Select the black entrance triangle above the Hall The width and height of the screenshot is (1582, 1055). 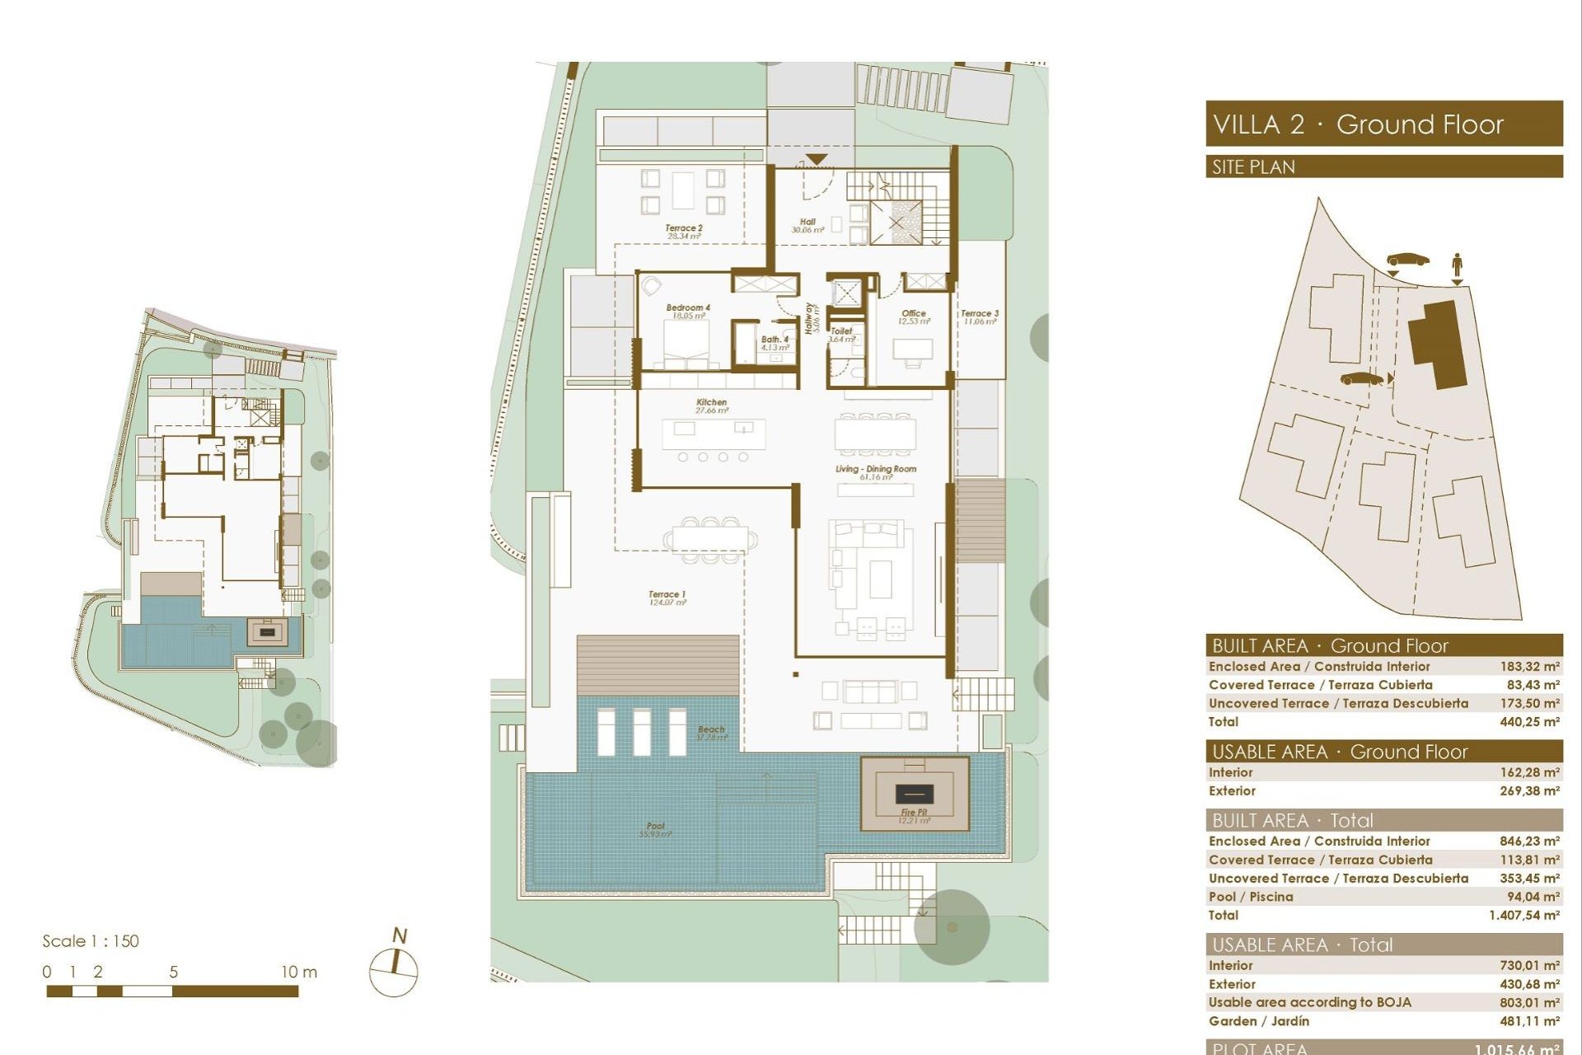coord(816,159)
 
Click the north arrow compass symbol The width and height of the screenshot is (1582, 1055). coord(395,968)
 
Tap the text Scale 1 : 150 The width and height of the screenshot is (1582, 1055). coord(91,941)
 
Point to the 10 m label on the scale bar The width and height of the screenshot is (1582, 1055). coord(298,972)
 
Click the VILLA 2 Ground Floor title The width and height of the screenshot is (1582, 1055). coord(1358,124)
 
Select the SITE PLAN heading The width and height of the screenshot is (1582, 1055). coord(1253,167)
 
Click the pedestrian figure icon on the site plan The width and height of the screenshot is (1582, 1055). coord(1457,265)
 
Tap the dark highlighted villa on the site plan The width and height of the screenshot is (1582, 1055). coord(1439,342)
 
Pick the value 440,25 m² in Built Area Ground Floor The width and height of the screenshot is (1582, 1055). coord(1528,722)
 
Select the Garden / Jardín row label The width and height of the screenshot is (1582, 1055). coord(1258,1021)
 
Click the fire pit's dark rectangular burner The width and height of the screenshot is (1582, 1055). coord(914,794)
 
